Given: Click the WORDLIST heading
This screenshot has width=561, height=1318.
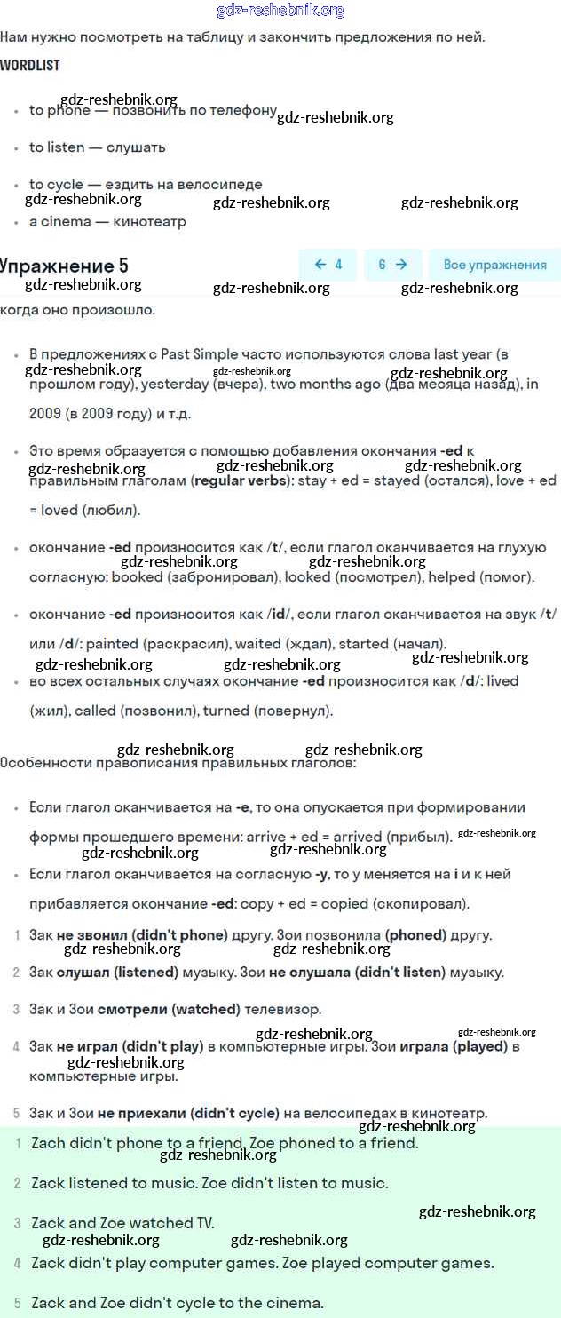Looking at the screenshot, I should pyautogui.click(x=30, y=66).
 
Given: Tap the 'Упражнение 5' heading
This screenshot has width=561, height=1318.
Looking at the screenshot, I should pyautogui.click(x=64, y=266).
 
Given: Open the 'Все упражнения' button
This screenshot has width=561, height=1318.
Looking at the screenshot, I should pyautogui.click(x=494, y=265).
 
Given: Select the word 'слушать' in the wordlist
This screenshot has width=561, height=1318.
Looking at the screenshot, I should pyautogui.click(x=136, y=147).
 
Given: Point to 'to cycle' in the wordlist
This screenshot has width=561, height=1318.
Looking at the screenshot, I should pyautogui.click(x=56, y=184).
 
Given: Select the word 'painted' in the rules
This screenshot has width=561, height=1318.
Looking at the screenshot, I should pyautogui.click(x=112, y=643).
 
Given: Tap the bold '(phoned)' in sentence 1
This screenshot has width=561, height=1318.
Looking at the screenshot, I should pyautogui.click(x=415, y=935).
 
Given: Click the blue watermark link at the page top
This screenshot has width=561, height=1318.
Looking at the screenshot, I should pyautogui.click(x=280, y=11).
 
